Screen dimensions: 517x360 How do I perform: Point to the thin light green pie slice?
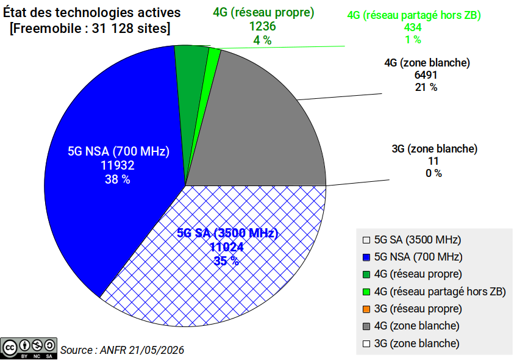pos(211,66)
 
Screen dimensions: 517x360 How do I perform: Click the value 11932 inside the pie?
pos(118,165)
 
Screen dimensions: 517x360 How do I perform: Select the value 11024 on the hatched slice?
pos(227,247)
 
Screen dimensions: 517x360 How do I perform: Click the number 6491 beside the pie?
pos(426,75)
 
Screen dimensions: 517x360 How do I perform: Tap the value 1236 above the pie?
pos(262,26)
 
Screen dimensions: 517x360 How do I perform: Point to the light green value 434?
pos(413,27)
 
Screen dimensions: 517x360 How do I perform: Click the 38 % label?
pos(118,179)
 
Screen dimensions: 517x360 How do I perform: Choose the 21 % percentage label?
pos(426,87)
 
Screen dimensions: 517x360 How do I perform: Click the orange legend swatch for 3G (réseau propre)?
pos(366,309)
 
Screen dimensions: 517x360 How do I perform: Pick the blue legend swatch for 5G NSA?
pos(366,257)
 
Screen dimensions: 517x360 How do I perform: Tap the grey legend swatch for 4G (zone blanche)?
pos(366,326)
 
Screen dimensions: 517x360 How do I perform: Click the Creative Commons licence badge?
pos(29,348)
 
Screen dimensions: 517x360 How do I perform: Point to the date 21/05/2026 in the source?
pos(156,350)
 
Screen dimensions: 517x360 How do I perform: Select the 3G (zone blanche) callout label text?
pos(435,149)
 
